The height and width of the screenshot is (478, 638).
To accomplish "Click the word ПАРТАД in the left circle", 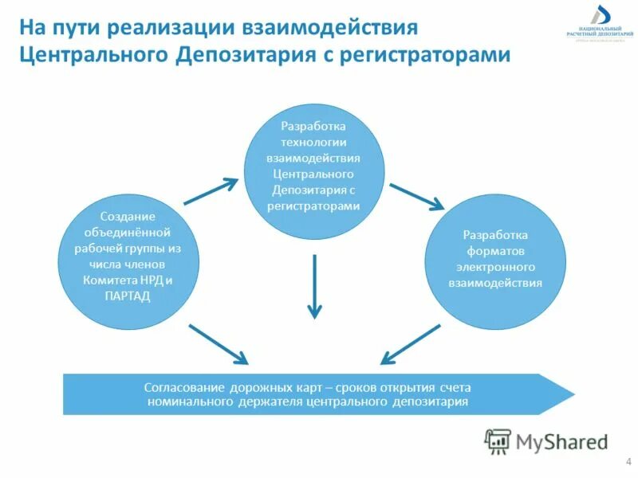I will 127,296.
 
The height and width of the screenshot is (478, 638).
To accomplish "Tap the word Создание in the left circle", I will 127,217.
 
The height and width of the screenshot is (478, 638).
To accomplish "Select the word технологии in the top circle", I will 313,142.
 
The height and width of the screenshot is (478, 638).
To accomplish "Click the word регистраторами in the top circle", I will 313,206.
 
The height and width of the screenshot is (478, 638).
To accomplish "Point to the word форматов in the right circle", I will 494,251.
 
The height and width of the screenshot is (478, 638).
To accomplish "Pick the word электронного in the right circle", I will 494,267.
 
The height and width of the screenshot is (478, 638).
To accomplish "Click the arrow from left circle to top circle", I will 211,191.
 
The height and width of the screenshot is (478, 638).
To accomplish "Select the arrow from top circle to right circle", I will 416,197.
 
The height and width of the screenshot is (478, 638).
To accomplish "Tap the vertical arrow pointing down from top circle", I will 315,287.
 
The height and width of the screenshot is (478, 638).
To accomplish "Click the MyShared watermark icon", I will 498,441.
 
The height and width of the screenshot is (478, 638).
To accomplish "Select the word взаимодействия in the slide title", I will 342,28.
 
